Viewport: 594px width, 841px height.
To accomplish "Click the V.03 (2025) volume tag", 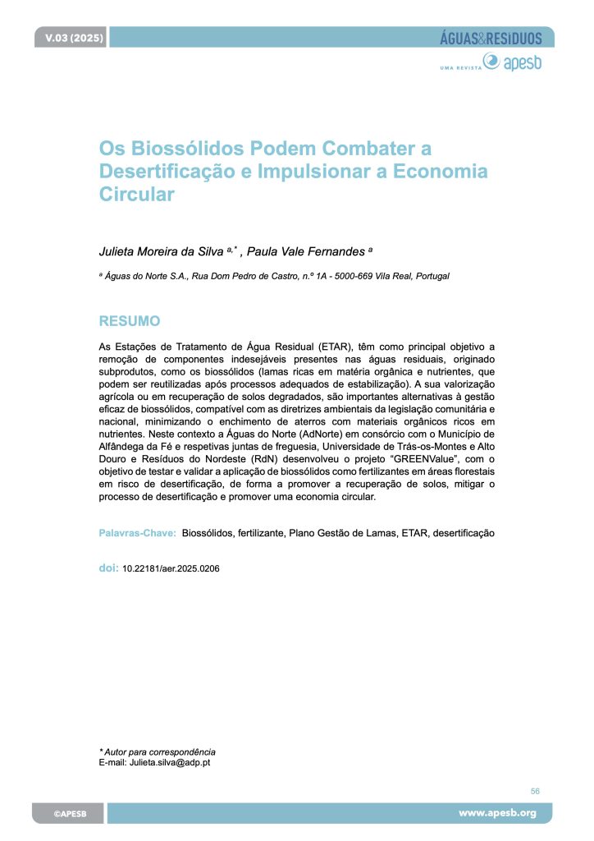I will pos(69,38).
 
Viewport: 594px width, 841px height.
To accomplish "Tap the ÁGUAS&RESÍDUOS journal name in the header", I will pos(491,38).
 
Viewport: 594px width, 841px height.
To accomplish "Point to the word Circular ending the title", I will pos(137,195).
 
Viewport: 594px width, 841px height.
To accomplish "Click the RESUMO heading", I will pos(130,320).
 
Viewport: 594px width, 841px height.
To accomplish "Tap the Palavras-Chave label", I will pos(137,533).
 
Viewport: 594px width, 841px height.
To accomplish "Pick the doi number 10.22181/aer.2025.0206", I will pos(171,568).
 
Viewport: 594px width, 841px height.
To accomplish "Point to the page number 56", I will pos(535,791).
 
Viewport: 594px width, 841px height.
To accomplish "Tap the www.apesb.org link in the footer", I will pos(497,813).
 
